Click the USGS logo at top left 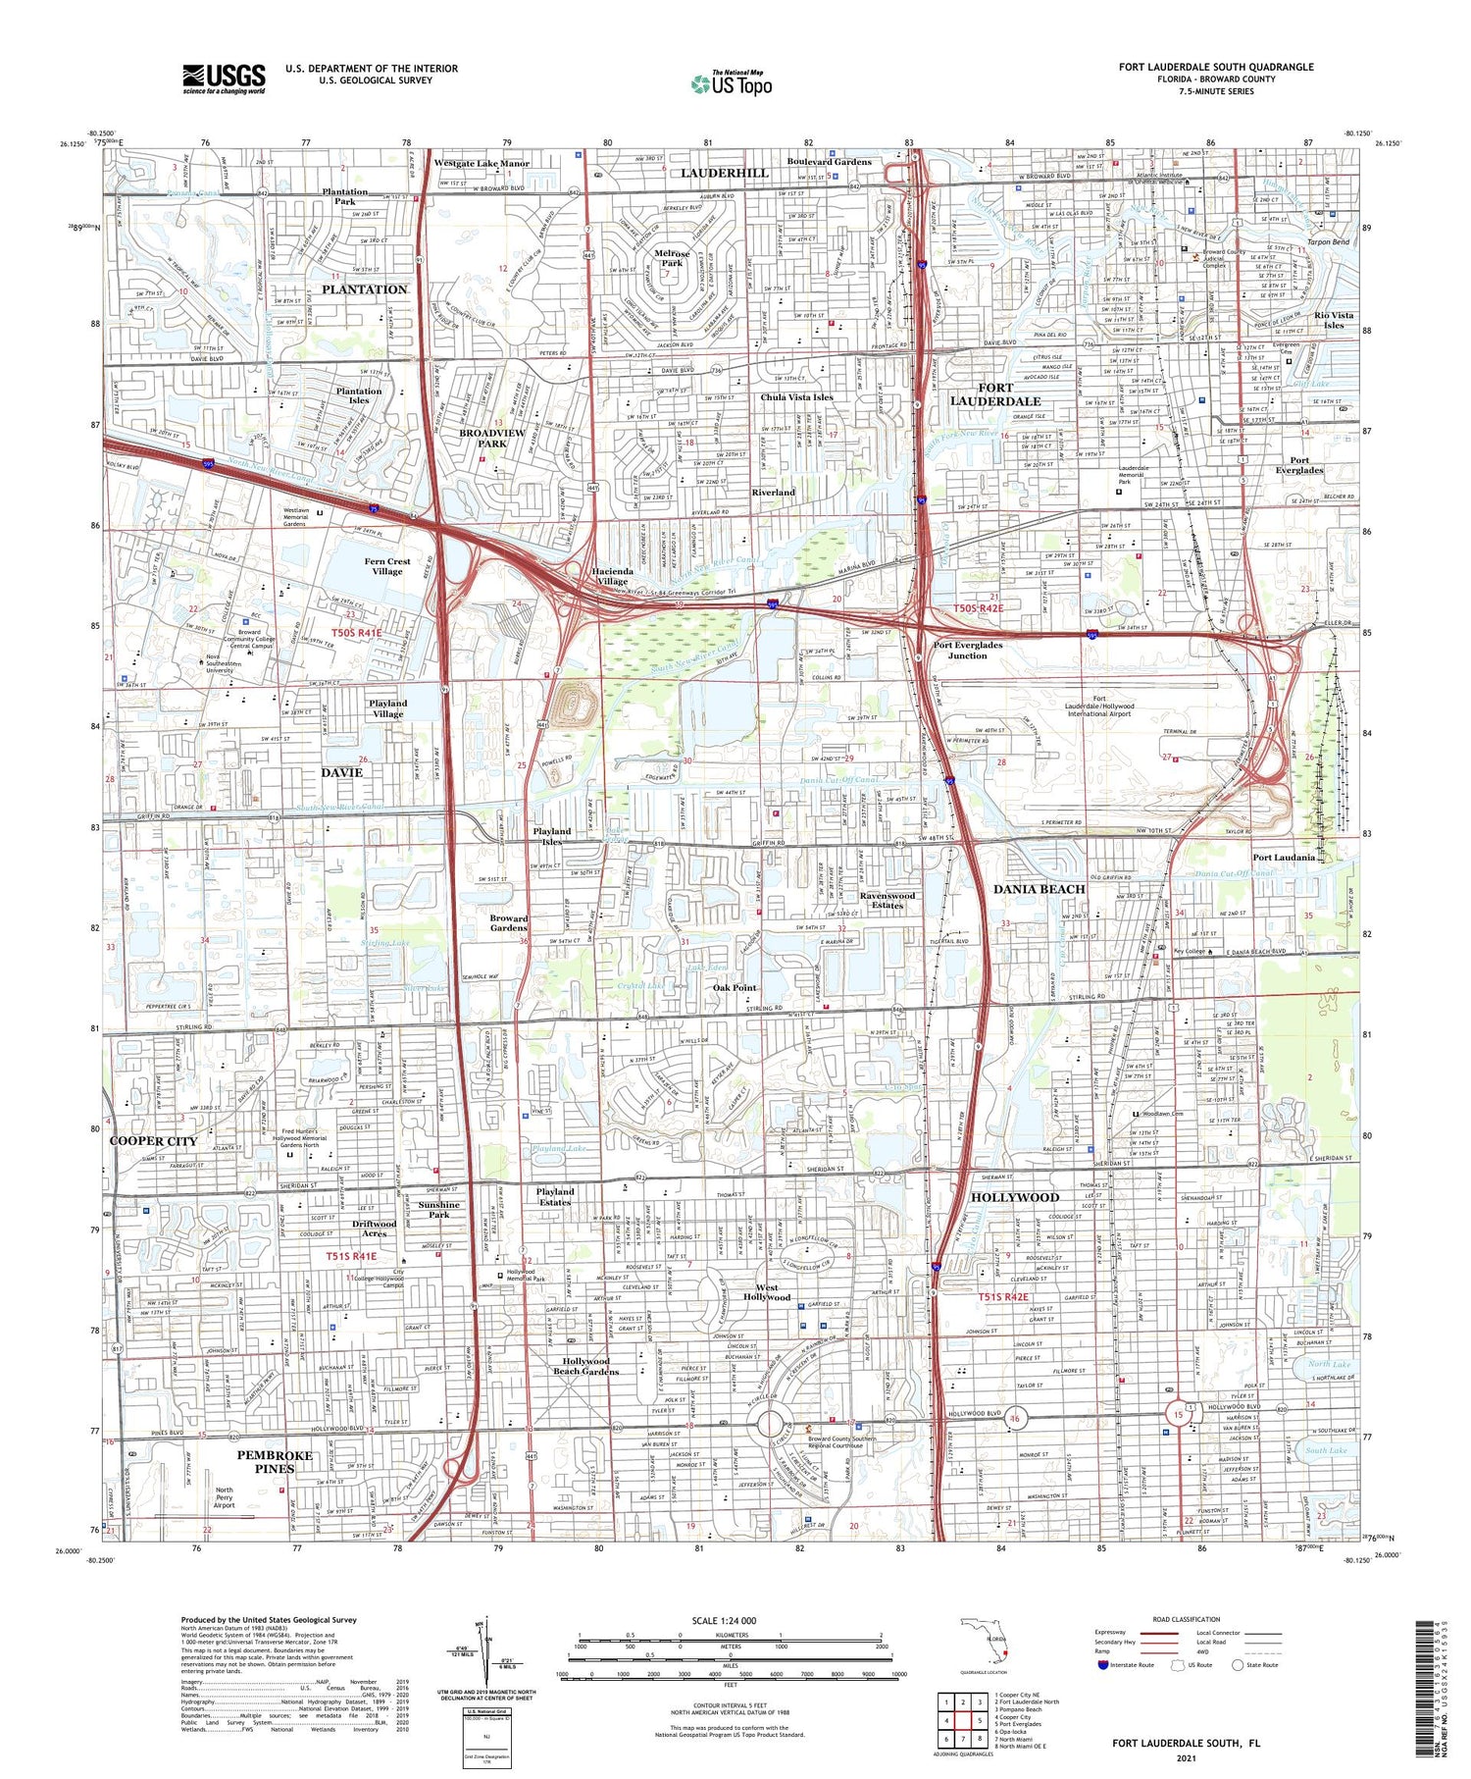[224, 78]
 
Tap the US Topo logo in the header [732, 83]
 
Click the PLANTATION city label [364, 289]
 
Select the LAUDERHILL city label [725, 173]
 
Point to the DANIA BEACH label [1040, 889]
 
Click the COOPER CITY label [153, 1141]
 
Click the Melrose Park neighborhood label [671, 258]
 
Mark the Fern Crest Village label [387, 566]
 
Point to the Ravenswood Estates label [888, 900]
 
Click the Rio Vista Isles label [1334, 320]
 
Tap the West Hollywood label [767, 1292]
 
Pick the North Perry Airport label [225, 1497]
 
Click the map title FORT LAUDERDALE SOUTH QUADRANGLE [1216, 67]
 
